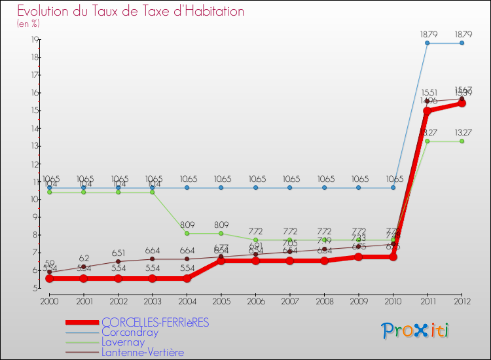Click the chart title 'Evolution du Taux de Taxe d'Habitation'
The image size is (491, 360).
[x=131, y=11]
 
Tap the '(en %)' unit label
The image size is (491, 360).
[x=28, y=24]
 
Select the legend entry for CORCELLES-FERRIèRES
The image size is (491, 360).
[x=155, y=322]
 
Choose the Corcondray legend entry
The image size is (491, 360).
[x=130, y=332]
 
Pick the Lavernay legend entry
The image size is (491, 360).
[x=124, y=342]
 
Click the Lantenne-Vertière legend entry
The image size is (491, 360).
[x=143, y=352]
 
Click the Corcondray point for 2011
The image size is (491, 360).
[x=427, y=43]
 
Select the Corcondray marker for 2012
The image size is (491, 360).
[x=462, y=43]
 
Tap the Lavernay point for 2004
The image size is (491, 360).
[x=187, y=233]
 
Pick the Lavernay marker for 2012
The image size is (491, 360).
[x=462, y=141]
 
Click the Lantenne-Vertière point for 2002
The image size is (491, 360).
[x=118, y=261]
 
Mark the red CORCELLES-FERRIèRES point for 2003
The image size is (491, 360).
[x=152, y=278]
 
